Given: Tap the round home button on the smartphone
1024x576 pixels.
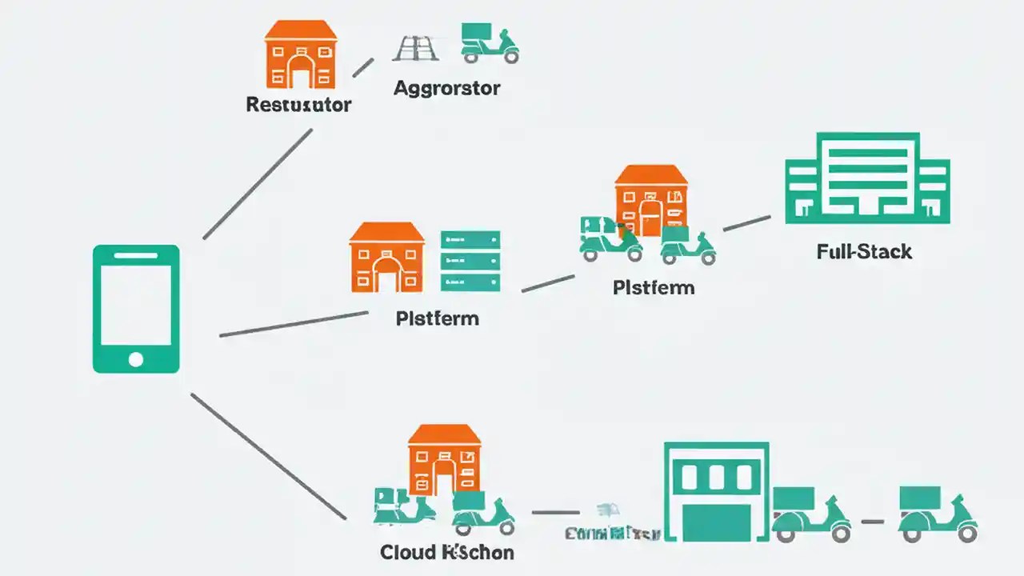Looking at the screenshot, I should pos(136,359).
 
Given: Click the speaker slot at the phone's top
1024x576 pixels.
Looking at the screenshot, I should pos(136,256).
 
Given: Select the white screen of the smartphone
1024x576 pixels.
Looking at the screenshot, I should pos(136,304).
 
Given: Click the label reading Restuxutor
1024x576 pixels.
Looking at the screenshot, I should pos(298,105).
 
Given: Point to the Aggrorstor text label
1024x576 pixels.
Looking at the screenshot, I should pos(446,88).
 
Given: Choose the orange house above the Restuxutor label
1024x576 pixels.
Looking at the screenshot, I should pos(301,54).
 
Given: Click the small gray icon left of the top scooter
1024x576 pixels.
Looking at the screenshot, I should pos(415,48).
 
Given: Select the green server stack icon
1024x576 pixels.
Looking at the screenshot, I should pos(470,261).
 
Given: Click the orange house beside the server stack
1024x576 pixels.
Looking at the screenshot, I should pos(386,257).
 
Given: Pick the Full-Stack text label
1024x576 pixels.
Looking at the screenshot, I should pos(864,252).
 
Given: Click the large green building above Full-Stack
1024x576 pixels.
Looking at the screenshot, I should pos(867,178).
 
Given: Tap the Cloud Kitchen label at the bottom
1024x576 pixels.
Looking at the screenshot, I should pos(446,553).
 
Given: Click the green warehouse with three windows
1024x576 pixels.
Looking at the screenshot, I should pos(716,491).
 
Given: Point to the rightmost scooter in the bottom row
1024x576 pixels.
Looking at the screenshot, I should pos(937,514).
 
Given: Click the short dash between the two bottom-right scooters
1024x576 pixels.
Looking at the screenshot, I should pos(872,522).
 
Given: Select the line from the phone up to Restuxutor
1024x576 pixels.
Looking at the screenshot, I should pos(258,184).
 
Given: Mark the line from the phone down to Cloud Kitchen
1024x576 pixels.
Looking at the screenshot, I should pos(268,456).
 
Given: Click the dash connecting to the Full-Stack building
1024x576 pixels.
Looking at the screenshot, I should pos(746,223).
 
